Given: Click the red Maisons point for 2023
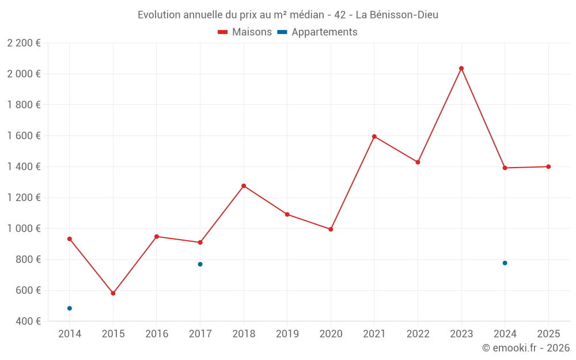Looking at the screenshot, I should [x=461, y=69].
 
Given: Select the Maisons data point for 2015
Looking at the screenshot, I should [x=113, y=293].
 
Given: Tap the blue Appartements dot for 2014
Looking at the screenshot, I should [x=70, y=308].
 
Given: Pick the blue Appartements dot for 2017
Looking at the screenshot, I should [x=200, y=264].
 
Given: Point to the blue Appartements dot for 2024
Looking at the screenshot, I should [x=505, y=263].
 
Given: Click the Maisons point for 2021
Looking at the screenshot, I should [x=374, y=137].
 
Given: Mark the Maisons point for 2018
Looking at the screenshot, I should [x=244, y=186].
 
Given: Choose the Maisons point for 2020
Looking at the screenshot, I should [x=331, y=229].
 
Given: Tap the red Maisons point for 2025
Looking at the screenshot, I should [x=548, y=167].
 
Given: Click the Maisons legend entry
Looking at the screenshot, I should [x=245, y=32].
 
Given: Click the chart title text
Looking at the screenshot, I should [x=288, y=15].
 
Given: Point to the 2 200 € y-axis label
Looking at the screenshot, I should [x=24, y=43].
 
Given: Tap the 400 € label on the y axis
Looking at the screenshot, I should [x=28, y=321].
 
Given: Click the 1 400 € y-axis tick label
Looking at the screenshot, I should [x=24, y=167].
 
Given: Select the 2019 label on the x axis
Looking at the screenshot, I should [x=287, y=334].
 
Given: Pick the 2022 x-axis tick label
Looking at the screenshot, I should [x=418, y=334].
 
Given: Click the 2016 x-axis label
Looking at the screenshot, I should [x=157, y=334].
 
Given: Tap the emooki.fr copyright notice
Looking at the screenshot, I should [x=525, y=348].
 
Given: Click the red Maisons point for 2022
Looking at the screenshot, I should [x=418, y=162].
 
